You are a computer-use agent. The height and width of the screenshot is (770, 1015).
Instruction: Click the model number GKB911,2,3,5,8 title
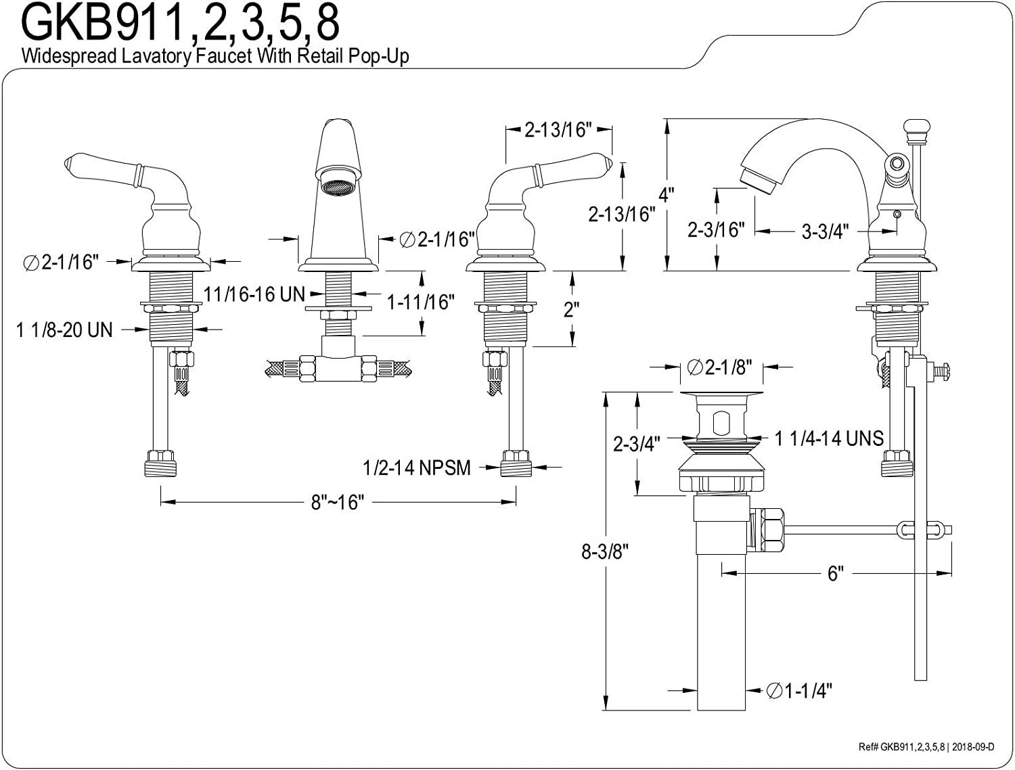coord(181,23)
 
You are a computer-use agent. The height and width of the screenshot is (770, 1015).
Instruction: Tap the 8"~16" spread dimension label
coord(338,502)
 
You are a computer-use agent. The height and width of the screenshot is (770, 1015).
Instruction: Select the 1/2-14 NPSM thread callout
coord(417,468)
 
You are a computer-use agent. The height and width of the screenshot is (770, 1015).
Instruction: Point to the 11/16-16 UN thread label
coord(254,294)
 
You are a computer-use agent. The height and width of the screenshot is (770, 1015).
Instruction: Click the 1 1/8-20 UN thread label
coord(64,330)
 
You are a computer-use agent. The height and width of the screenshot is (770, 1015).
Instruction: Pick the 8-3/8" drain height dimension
coord(605,551)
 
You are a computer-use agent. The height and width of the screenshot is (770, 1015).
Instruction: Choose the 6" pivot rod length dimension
coord(836,574)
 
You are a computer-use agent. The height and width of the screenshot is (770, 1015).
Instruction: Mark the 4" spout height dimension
coord(666,195)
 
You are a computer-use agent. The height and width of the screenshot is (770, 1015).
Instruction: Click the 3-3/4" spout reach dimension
coord(826,231)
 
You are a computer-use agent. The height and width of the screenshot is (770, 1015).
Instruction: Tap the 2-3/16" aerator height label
coord(717,229)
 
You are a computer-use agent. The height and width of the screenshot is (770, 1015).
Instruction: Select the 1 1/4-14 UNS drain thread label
coord(829,438)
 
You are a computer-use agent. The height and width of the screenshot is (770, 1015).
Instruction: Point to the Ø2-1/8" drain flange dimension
coord(719,367)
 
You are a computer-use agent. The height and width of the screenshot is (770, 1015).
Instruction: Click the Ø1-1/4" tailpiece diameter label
coord(799,691)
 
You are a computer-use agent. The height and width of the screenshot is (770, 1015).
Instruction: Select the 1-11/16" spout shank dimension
coord(420,302)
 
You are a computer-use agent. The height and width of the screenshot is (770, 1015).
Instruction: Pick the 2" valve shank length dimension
coord(571,309)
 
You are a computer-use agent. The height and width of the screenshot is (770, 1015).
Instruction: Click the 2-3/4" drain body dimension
coord(636,444)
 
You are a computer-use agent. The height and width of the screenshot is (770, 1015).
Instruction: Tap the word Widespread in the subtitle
coord(69,56)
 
